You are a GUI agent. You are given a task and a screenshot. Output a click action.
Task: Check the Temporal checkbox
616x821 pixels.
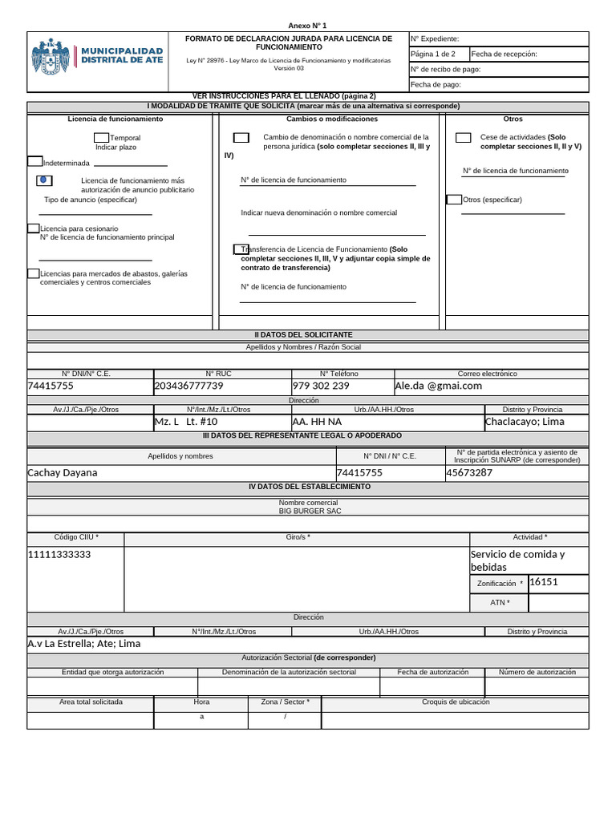[x=101, y=138]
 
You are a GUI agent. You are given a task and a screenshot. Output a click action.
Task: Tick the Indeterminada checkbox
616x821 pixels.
[x=34, y=161]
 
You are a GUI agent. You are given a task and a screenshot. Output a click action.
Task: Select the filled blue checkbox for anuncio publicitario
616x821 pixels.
[x=43, y=180]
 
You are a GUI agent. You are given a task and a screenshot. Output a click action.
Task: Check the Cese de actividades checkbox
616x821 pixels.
[x=463, y=138]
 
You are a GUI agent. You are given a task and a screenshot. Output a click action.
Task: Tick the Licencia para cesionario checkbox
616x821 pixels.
[x=33, y=228]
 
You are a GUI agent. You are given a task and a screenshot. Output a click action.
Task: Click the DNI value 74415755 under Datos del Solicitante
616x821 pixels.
[x=51, y=386]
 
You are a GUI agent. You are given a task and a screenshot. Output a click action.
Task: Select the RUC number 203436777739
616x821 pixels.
[x=188, y=386]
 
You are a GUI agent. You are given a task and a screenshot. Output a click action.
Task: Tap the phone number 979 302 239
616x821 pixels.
[x=321, y=386]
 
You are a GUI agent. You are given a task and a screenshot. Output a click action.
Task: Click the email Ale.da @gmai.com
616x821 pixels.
[x=438, y=386]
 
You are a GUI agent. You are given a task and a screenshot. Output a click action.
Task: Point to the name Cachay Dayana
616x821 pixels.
[x=63, y=472]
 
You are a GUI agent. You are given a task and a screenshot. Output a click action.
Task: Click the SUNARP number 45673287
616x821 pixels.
[x=469, y=472]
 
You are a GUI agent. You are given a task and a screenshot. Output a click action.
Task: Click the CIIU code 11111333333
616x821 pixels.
[x=59, y=555]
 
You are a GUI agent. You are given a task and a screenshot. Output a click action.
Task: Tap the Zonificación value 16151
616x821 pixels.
[x=544, y=582]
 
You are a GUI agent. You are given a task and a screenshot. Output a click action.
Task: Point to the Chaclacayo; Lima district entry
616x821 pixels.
[x=525, y=422]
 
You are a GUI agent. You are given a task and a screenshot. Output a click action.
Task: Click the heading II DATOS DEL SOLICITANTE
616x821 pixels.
[x=307, y=334]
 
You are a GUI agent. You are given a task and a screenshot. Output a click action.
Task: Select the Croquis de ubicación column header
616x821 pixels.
[x=455, y=702]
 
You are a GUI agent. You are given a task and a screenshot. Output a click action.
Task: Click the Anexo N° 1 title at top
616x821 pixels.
[x=307, y=26]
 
